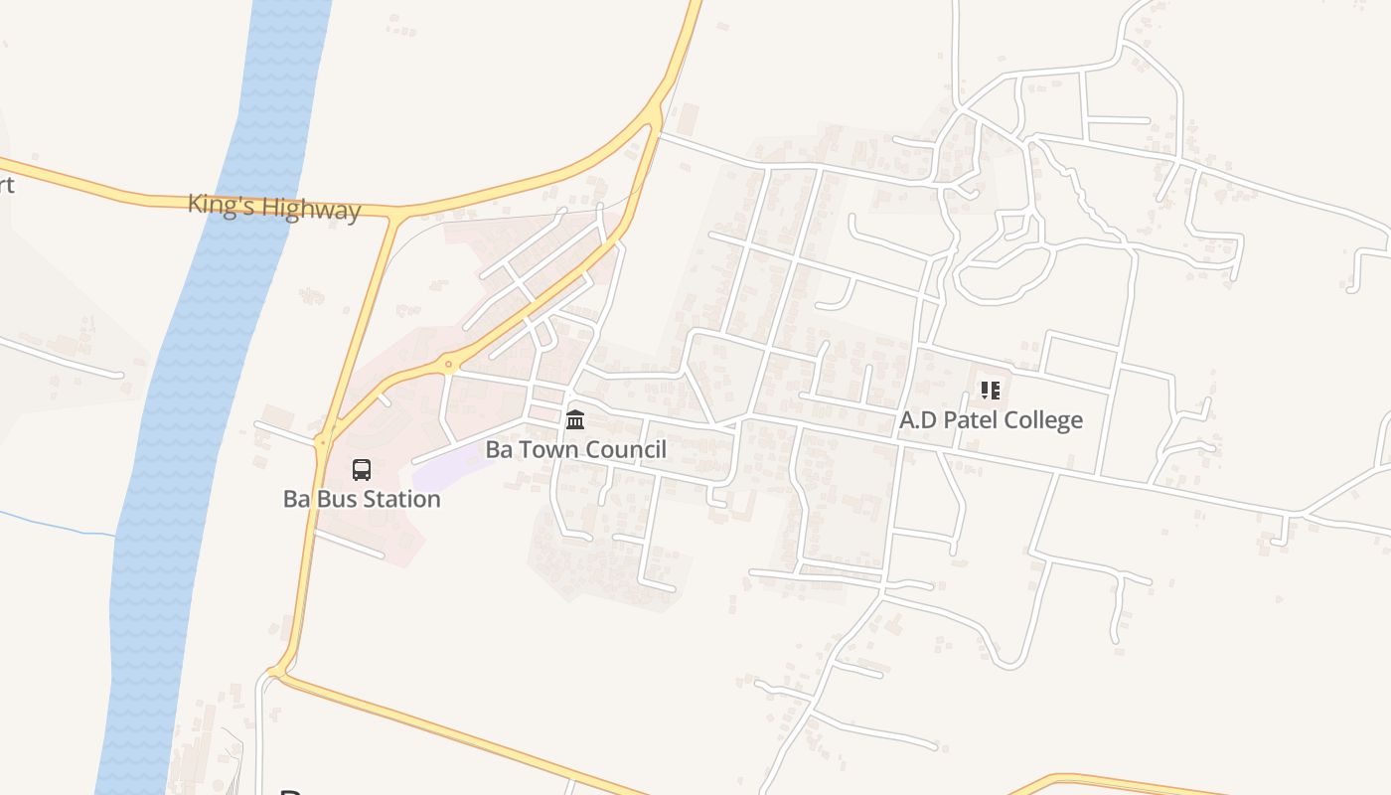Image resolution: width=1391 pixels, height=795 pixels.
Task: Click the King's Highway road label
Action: [x=274, y=209]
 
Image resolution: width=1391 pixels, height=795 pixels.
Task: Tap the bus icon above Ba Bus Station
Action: [x=362, y=470]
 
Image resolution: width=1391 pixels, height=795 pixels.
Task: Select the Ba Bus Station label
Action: [x=362, y=499]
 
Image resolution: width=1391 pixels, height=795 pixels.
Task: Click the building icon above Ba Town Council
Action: [x=575, y=420]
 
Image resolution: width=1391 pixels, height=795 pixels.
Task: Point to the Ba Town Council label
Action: [x=575, y=449]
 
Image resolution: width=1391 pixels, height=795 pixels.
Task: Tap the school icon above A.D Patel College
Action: [x=990, y=391]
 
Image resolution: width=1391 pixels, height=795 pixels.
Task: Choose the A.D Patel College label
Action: [x=991, y=419]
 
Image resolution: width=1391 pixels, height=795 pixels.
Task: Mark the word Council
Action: [x=626, y=449]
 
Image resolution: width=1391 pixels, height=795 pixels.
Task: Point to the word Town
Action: [x=545, y=449]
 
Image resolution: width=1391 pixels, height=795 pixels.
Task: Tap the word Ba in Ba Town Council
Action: [x=497, y=449]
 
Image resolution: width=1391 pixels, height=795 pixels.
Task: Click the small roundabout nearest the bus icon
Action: [x=321, y=440]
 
